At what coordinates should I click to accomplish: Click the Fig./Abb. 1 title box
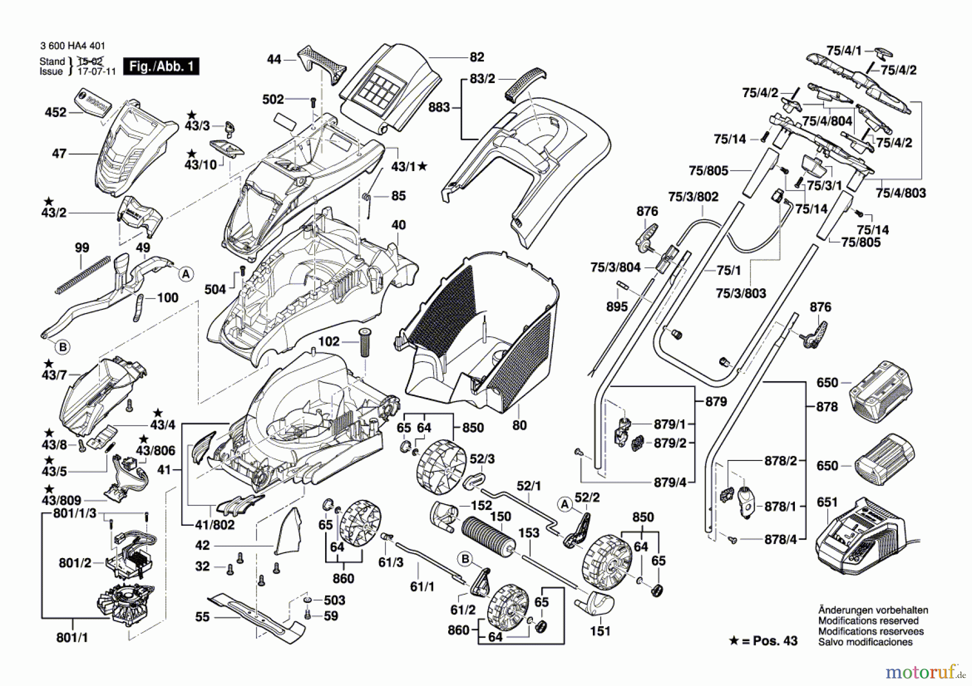161,66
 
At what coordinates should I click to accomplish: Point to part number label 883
438,107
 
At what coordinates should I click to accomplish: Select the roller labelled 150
486,534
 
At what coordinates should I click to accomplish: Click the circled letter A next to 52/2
565,505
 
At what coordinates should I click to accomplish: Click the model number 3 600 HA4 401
73,46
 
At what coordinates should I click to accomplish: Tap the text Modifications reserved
868,621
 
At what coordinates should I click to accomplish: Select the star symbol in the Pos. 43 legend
734,641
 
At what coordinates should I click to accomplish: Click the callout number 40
399,225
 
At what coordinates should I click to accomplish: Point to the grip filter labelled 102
364,341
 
